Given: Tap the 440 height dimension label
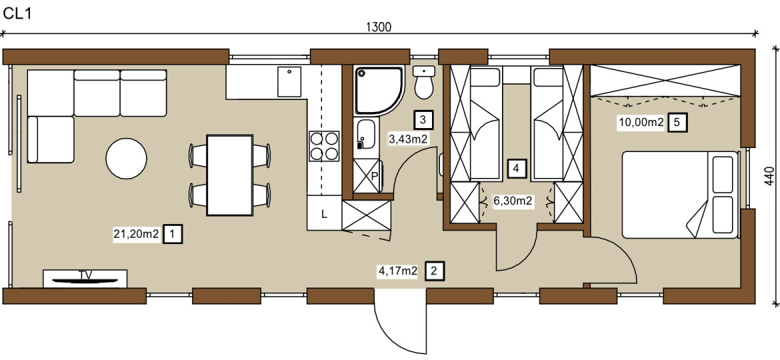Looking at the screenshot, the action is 770,176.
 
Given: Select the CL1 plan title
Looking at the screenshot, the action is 17,13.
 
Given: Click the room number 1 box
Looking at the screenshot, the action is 173,234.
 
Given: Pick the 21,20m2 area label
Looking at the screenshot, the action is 137,234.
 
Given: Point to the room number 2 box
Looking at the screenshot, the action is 434,271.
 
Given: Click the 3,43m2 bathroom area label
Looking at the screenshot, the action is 409,139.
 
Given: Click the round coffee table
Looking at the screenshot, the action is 127,158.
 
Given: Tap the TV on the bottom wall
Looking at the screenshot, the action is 85,278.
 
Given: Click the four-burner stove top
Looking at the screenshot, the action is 325,146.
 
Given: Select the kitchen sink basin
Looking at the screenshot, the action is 289,82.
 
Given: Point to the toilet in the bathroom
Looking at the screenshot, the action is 424,83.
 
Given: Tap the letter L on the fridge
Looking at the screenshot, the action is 324,215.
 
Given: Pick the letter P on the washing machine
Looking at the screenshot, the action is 375,175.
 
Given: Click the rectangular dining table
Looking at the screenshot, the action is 229,175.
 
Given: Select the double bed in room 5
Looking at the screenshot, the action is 680,195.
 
